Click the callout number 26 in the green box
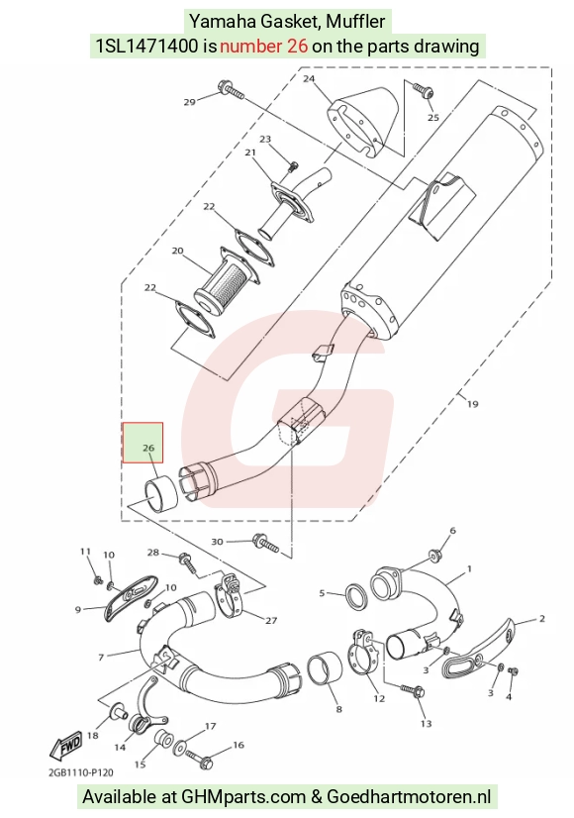(148, 448)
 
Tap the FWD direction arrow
(65, 745)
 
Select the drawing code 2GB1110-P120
(81, 772)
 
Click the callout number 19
(472, 404)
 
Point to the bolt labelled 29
(233, 91)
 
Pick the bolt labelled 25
(422, 90)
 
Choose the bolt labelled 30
(266, 543)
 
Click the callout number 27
(271, 620)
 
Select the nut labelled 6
(434, 554)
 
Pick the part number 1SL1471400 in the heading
(147, 47)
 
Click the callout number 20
(178, 251)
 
